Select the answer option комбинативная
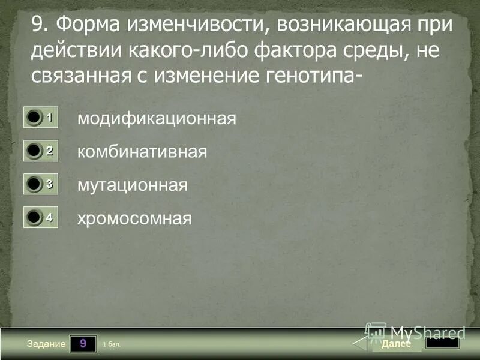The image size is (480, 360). click(142, 152)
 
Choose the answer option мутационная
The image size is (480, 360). click(132, 185)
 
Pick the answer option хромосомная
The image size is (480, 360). click(134, 218)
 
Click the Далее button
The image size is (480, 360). click(396, 344)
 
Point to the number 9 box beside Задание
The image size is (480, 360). click(83, 344)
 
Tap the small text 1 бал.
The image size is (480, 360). click(112, 344)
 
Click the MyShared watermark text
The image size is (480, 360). click(427, 332)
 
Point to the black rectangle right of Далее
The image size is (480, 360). click(442, 343)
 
